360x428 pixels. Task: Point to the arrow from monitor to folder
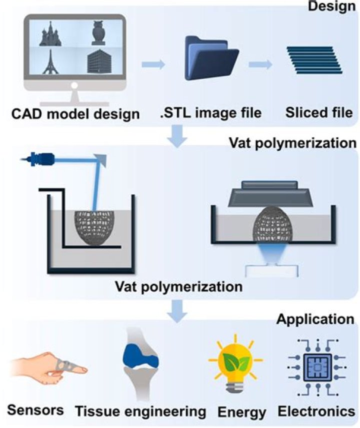(x=154, y=64)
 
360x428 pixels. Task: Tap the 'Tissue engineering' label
(x=141, y=411)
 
